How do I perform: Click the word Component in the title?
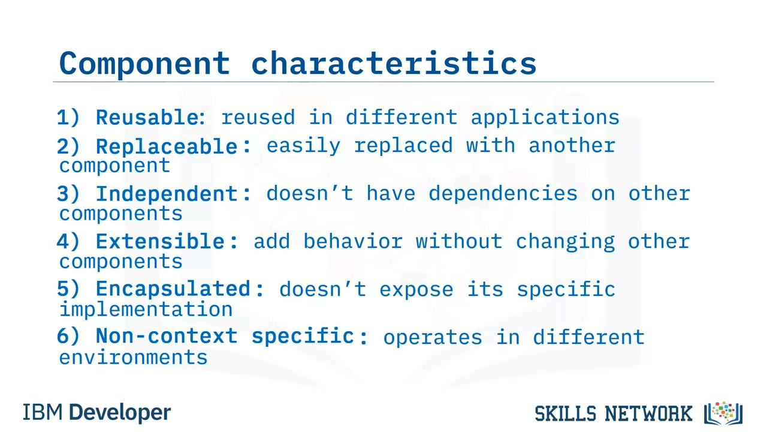[x=144, y=64]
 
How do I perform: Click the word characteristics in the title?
[x=394, y=63]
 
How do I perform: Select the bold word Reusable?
[x=147, y=117]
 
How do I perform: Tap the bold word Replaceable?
[x=167, y=146]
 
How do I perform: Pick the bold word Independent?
[x=167, y=194]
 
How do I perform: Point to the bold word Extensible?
[x=160, y=241]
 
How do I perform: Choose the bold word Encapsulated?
[x=173, y=289]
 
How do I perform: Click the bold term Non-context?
[x=167, y=335]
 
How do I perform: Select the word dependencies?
[x=503, y=194]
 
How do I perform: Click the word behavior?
[x=353, y=241]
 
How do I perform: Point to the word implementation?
[x=146, y=310]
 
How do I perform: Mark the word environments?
[x=133, y=357]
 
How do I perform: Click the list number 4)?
[x=68, y=241]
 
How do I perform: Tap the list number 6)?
[x=68, y=336]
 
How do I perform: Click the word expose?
[x=416, y=290]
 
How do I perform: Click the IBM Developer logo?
[x=97, y=412]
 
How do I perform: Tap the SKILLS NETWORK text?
[x=614, y=413]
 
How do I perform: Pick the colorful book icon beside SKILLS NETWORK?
[x=723, y=413]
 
